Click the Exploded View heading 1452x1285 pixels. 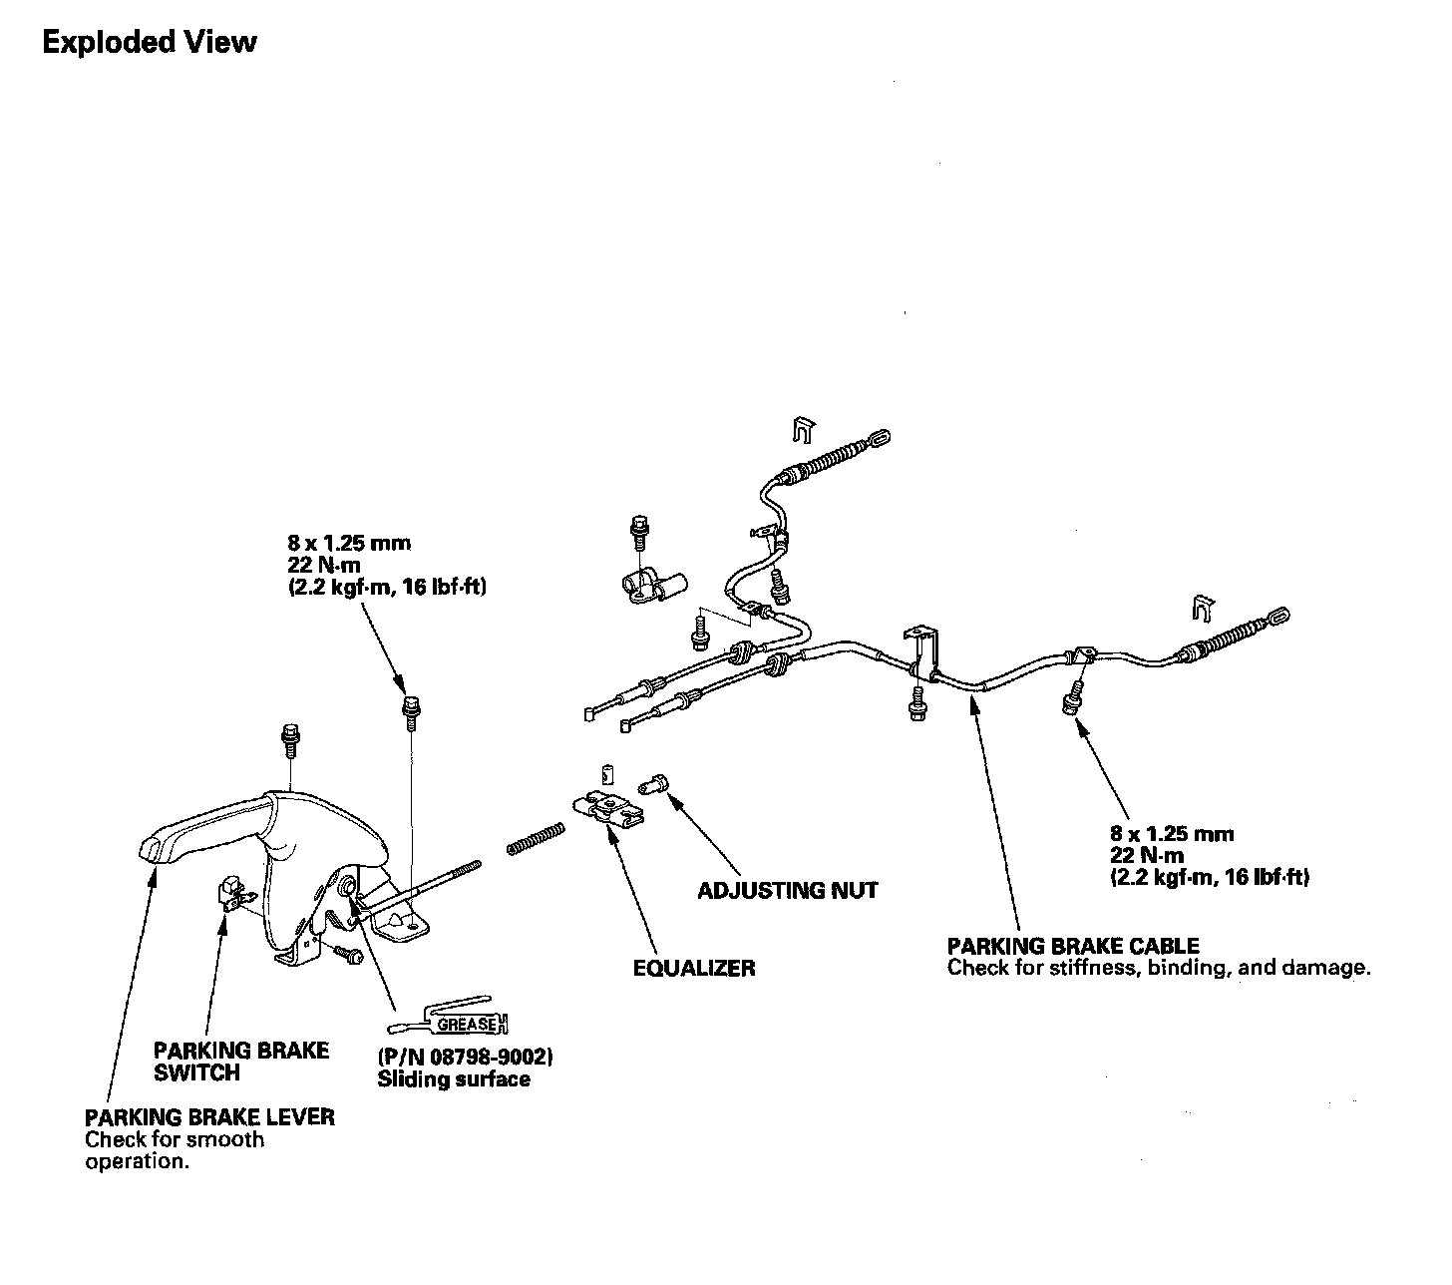150,43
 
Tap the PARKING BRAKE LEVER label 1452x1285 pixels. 209,1116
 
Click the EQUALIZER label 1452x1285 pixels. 694,968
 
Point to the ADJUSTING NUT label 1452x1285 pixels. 787,890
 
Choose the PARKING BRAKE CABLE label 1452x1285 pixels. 1073,945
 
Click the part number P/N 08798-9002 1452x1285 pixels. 465,1057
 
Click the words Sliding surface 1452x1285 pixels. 454,1079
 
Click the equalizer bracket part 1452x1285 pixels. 608,808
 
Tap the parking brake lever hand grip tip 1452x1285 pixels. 151,848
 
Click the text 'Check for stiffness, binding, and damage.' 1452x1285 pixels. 1159,968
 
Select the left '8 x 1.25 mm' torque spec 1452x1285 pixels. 349,544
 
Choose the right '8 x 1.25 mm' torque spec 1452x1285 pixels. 1172,833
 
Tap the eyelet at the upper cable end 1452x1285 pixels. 881,437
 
